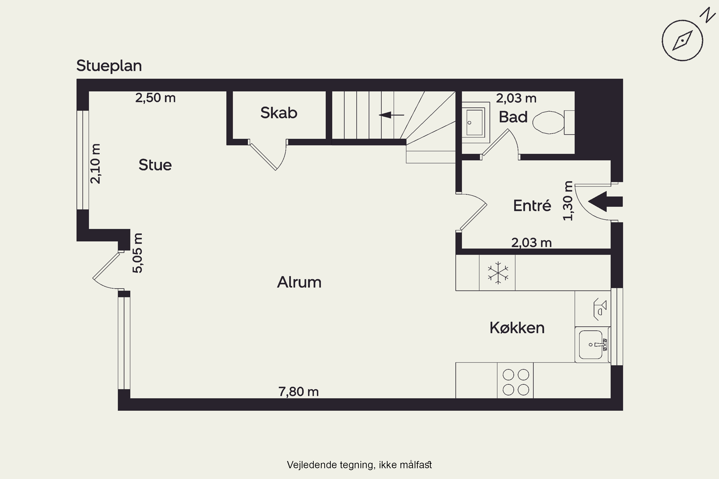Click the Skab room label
coord(279,113)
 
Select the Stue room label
coord(155,165)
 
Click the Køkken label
coord(517,328)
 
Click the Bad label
coord(513,117)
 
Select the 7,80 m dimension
coord(298,392)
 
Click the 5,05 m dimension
coord(138,253)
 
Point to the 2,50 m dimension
coord(156,98)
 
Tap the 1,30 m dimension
coord(568,201)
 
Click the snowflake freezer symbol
coord(498,273)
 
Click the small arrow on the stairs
coord(392,115)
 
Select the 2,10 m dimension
coord(95,164)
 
